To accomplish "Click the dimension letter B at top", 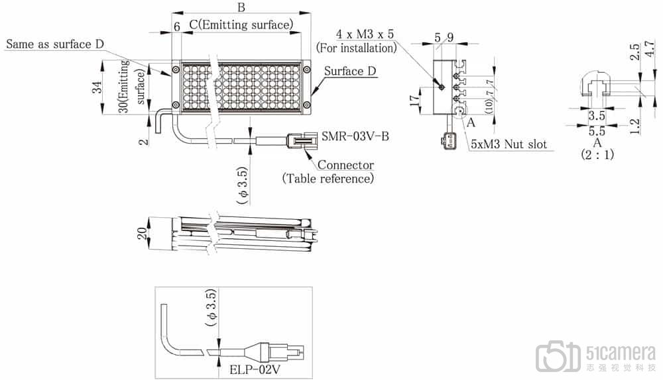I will [241, 8].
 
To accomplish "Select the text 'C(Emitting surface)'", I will [241, 25].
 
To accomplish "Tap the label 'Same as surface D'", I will [55, 44].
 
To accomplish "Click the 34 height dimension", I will [97, 88].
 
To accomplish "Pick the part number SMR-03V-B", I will [355, 136].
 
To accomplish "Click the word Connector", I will [345, 165].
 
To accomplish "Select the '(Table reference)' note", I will [328, 178].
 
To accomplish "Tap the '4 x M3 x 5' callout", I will [366, 34].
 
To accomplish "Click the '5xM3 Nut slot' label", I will [509, 143].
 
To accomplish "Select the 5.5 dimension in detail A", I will [597, 131].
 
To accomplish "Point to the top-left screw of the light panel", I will [175, 70].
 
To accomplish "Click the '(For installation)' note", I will [357, 48].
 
